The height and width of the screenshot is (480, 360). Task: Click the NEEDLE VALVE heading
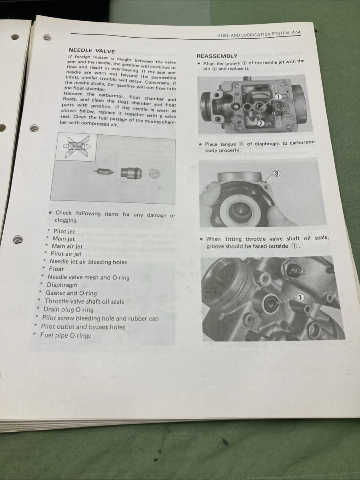[92, 51]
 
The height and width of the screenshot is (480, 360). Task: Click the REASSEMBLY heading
[217, 56]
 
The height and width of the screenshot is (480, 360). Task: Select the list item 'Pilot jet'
[64, 231]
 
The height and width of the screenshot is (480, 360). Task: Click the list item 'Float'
[56, 269]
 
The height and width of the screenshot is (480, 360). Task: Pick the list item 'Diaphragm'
[62, 285]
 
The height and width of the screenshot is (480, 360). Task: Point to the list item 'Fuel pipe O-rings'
[65, 336]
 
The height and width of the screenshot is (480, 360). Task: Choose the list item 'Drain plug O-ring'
[68, 310]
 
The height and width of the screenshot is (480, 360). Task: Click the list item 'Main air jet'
[67, 246]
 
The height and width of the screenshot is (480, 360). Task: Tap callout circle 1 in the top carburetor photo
[278, 97]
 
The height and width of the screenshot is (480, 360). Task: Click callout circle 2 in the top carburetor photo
[260, 123]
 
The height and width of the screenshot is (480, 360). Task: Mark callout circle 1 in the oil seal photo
[300, 297]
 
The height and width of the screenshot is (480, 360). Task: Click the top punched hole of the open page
[47, 38]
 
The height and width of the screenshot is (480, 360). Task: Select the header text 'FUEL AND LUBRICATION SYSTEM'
[254, 35]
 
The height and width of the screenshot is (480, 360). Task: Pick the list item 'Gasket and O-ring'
[71, 293]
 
